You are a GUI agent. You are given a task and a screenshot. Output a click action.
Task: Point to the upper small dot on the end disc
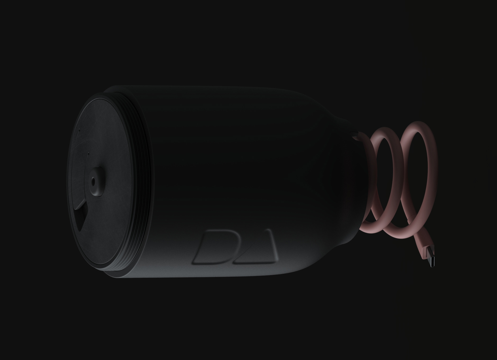click(x=79, y=130)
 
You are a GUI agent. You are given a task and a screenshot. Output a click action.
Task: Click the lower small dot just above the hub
click(x=88, y=153)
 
